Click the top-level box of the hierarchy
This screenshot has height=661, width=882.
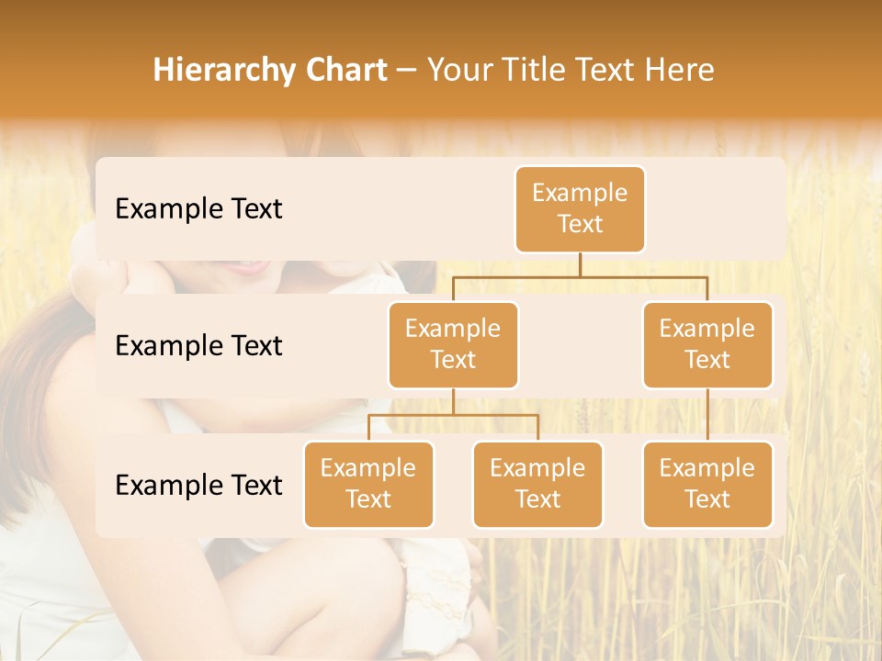[580, 208]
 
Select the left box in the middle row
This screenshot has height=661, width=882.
[453, 344]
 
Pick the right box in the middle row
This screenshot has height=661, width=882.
[707, 344]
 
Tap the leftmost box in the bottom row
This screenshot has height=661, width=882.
[368, 484]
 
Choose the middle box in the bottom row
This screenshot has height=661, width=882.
[537, 484]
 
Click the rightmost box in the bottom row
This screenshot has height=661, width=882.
[707, 484]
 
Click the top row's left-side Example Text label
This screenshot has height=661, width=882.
[198, 209]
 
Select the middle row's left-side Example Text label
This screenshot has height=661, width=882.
[198, 346]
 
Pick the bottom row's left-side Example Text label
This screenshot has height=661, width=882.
[198, 485]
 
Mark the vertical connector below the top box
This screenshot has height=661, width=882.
[580, 264]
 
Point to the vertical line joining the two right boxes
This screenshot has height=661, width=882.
[707, 415]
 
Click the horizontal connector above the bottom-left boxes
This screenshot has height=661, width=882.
[453, 415]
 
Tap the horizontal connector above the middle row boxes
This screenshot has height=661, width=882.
[580, 276]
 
